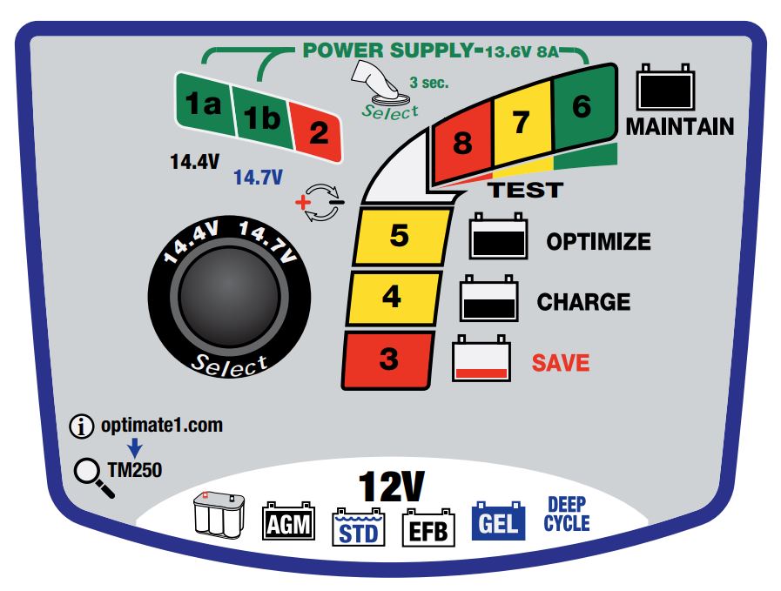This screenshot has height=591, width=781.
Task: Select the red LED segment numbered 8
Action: point(462,142)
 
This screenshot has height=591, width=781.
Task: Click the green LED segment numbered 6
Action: point(582,105)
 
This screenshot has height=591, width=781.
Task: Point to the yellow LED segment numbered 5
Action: point(399,237)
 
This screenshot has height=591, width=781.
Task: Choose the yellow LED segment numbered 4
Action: point(391,297)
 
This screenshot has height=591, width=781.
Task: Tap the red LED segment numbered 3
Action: point(388,358)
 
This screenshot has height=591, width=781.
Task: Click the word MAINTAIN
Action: point(680,127)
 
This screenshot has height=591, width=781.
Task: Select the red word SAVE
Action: point(562,362)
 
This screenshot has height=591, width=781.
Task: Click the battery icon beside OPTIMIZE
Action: point(499,237)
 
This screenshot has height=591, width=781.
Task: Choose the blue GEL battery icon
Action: point(498,520)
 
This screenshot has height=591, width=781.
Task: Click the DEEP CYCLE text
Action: point(568,514)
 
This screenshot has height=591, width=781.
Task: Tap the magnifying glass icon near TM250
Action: point(93,477)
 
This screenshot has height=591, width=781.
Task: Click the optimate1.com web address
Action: point(160,426)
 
